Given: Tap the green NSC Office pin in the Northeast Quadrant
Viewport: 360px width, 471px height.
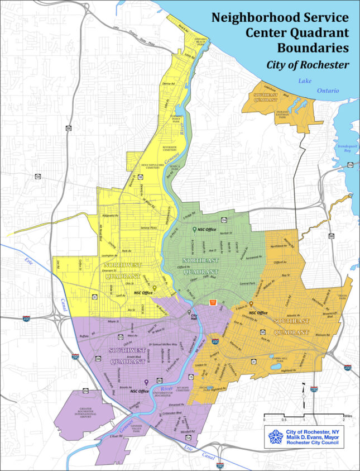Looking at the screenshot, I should point(194,230).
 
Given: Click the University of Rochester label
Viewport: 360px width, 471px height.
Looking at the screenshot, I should point(162,394).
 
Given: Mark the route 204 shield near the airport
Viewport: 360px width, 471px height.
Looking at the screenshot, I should point(86,390).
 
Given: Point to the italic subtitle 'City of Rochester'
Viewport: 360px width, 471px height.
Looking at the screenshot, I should point(308,65).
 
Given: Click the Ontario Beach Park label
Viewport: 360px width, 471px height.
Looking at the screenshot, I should point(201,40).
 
